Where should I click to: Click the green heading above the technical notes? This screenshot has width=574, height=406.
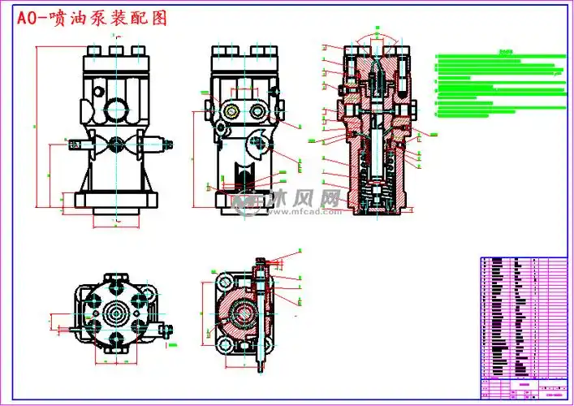507,50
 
